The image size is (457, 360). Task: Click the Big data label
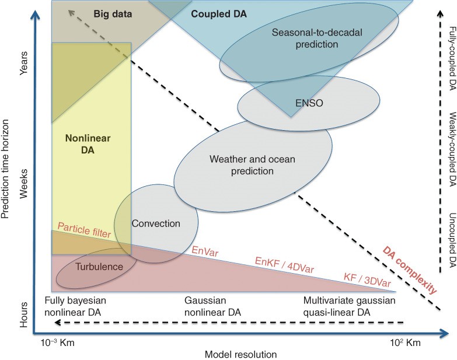pyautogui.click(x=113, y=14)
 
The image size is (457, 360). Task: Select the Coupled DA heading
pyautogui.click(x=219, y=14)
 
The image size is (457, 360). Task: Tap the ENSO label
pyautogui.click(x=309, y=103)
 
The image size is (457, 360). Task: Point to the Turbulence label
pyautogui.click(x=99, y=267)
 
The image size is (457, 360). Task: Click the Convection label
pyautogui.click(x=156, y=223)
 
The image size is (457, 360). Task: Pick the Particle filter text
pyautogui.click(x=84, y=230)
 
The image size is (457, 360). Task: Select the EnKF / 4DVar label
pyautogui.click(x=284, y=265)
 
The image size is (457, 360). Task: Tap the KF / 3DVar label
pyautogui.click(x=367, y=280)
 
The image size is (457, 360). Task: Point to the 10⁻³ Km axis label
pyautogui.click(x=58, y=342)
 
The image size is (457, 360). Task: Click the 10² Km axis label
pyautogui.click(x=406, y=342)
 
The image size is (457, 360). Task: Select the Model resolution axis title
pyautogui.click(x=240, y=355)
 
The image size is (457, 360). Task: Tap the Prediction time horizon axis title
pyautogui.click(x=5, y=169)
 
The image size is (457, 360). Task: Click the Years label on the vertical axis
pyautogui.click(x=23, y=63)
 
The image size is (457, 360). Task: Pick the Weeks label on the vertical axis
pyautogui.click(x=23, y=183)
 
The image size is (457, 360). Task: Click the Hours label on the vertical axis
pyautogui.click(x=23, y=314)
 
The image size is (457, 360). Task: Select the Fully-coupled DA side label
pyautogui.click(x=452, y=58)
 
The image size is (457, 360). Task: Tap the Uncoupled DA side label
pyautogui.click(x=452, y=240)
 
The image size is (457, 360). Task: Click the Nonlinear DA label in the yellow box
pyautogui.click(x=88, y=144)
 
